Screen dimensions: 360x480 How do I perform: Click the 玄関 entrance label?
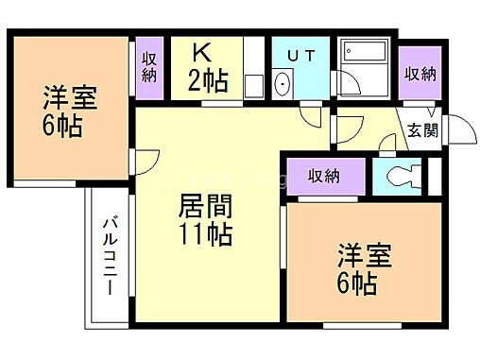422,131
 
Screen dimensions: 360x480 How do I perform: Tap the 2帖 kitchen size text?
208,82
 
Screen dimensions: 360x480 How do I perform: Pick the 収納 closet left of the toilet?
322,175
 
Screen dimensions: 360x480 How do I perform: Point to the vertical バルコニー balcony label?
109,255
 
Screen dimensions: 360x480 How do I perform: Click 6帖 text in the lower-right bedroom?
357,283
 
